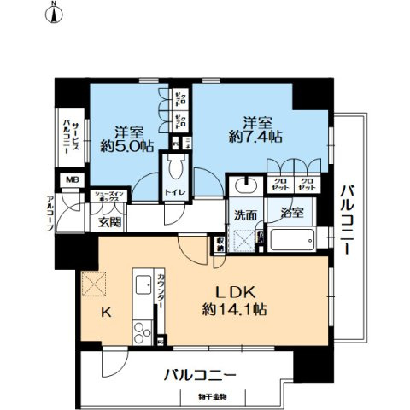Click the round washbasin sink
[245, 185]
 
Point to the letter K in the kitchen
[108, 313]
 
